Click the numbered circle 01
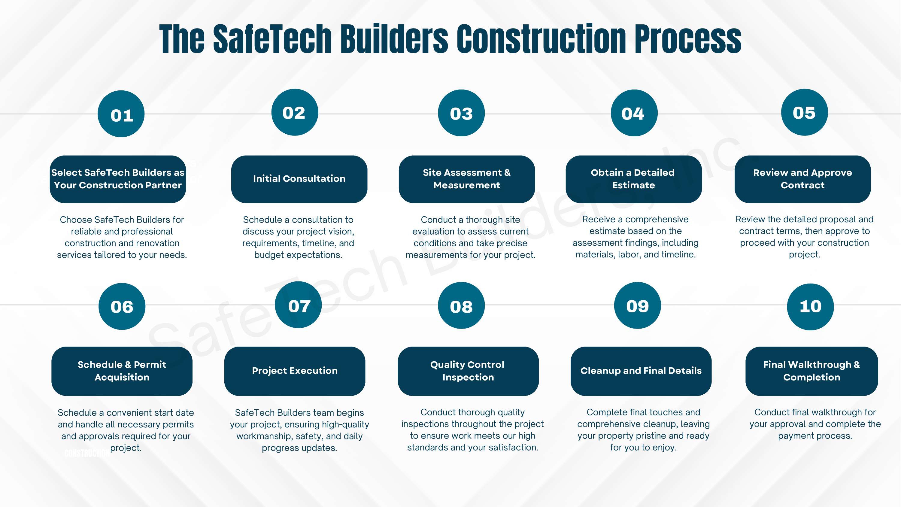(x=121, y=114)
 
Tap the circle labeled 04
(x=634, y=113)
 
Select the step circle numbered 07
(x=298, y=305)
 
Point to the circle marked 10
(x=810, y=306)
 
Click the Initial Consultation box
(x=299, y=179)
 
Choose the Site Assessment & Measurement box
(x=467, y=179)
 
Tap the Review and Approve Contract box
(x=803, y=179)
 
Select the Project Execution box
(x=295, y=371)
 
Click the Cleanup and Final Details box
(x=641, y=371)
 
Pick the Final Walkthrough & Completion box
(x=812, y=371)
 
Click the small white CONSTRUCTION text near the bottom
(x=87, y=454)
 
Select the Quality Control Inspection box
(x=468, y=371)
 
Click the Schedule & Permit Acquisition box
(x=122, y=371)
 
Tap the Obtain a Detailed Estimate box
(x=634, y=179)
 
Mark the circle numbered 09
(x=638, y=305)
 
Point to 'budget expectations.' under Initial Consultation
(x=298, y=255)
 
